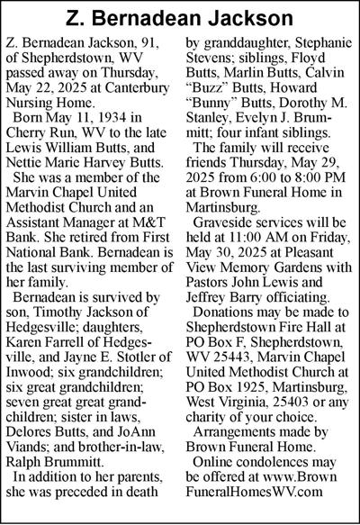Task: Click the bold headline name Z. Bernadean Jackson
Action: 180,17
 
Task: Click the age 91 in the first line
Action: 157,42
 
